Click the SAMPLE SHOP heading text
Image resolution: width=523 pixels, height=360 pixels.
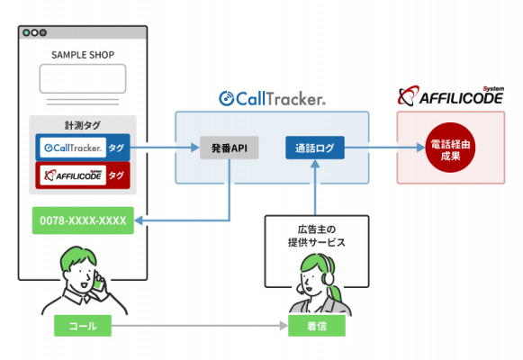click(x=83, y=55)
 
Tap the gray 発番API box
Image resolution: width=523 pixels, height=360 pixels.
click(x=230, y=148)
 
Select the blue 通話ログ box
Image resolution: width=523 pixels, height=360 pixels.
click(x=315, y=148)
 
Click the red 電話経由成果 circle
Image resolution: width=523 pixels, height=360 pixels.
click(x=450, y=148)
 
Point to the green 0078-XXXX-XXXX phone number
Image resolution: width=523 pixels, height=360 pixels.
click(x=83, y=220)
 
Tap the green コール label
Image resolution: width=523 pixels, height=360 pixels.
click(x=83, y=326)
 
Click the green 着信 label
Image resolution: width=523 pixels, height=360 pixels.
click(x=317, y=326)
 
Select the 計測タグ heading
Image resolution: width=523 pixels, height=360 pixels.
click(x=83, y=125)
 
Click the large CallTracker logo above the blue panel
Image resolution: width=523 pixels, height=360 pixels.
click(x=272, y=99)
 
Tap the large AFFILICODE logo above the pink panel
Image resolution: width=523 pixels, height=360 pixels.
click(x=451, y=96)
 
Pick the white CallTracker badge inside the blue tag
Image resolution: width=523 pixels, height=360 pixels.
click(x=73, y=148)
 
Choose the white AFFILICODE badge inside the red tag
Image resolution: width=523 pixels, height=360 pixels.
click(x=73, y=175)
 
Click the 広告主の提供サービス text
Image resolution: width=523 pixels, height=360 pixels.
click(x=317, y=236)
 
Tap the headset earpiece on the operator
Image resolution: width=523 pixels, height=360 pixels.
click(x=329, y=277)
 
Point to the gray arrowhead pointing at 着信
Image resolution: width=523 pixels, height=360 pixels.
click(x=284, y=326)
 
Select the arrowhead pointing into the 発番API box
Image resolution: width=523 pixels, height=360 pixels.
click(x=195, y=148)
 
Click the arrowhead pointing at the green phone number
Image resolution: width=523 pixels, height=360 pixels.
click(x=139, y=220)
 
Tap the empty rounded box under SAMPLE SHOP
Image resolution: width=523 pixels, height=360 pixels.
click(x=83, y=78)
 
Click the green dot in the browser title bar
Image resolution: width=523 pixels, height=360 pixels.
click(x=26, y=32)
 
